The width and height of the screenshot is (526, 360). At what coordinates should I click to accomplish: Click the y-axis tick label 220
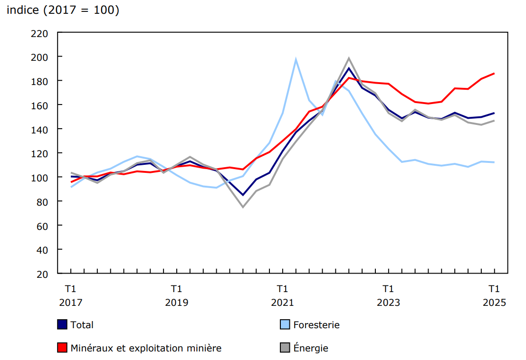40,33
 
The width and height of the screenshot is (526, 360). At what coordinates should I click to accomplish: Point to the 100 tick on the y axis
40,177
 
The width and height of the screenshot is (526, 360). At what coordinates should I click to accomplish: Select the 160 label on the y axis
40,105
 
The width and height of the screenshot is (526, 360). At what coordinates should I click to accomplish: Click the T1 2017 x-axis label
71,295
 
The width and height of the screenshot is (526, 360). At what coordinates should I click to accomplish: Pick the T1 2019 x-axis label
176,295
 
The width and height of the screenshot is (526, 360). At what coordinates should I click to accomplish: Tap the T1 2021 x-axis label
282,295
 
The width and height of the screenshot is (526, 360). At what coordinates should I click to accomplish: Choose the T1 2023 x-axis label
388,295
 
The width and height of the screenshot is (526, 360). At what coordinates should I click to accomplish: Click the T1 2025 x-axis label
494,295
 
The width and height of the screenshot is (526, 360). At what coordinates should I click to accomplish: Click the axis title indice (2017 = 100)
62,10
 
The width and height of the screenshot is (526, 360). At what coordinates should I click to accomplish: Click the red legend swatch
62,348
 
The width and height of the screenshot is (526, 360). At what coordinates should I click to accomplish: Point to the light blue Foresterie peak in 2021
296,59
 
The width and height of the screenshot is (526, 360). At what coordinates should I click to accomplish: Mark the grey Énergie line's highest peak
349,58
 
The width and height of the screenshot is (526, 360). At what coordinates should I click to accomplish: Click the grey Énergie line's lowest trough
243,207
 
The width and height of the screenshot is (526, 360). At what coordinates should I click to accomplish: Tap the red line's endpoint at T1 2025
494,73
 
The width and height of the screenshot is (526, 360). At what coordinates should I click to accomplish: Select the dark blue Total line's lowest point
243,195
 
